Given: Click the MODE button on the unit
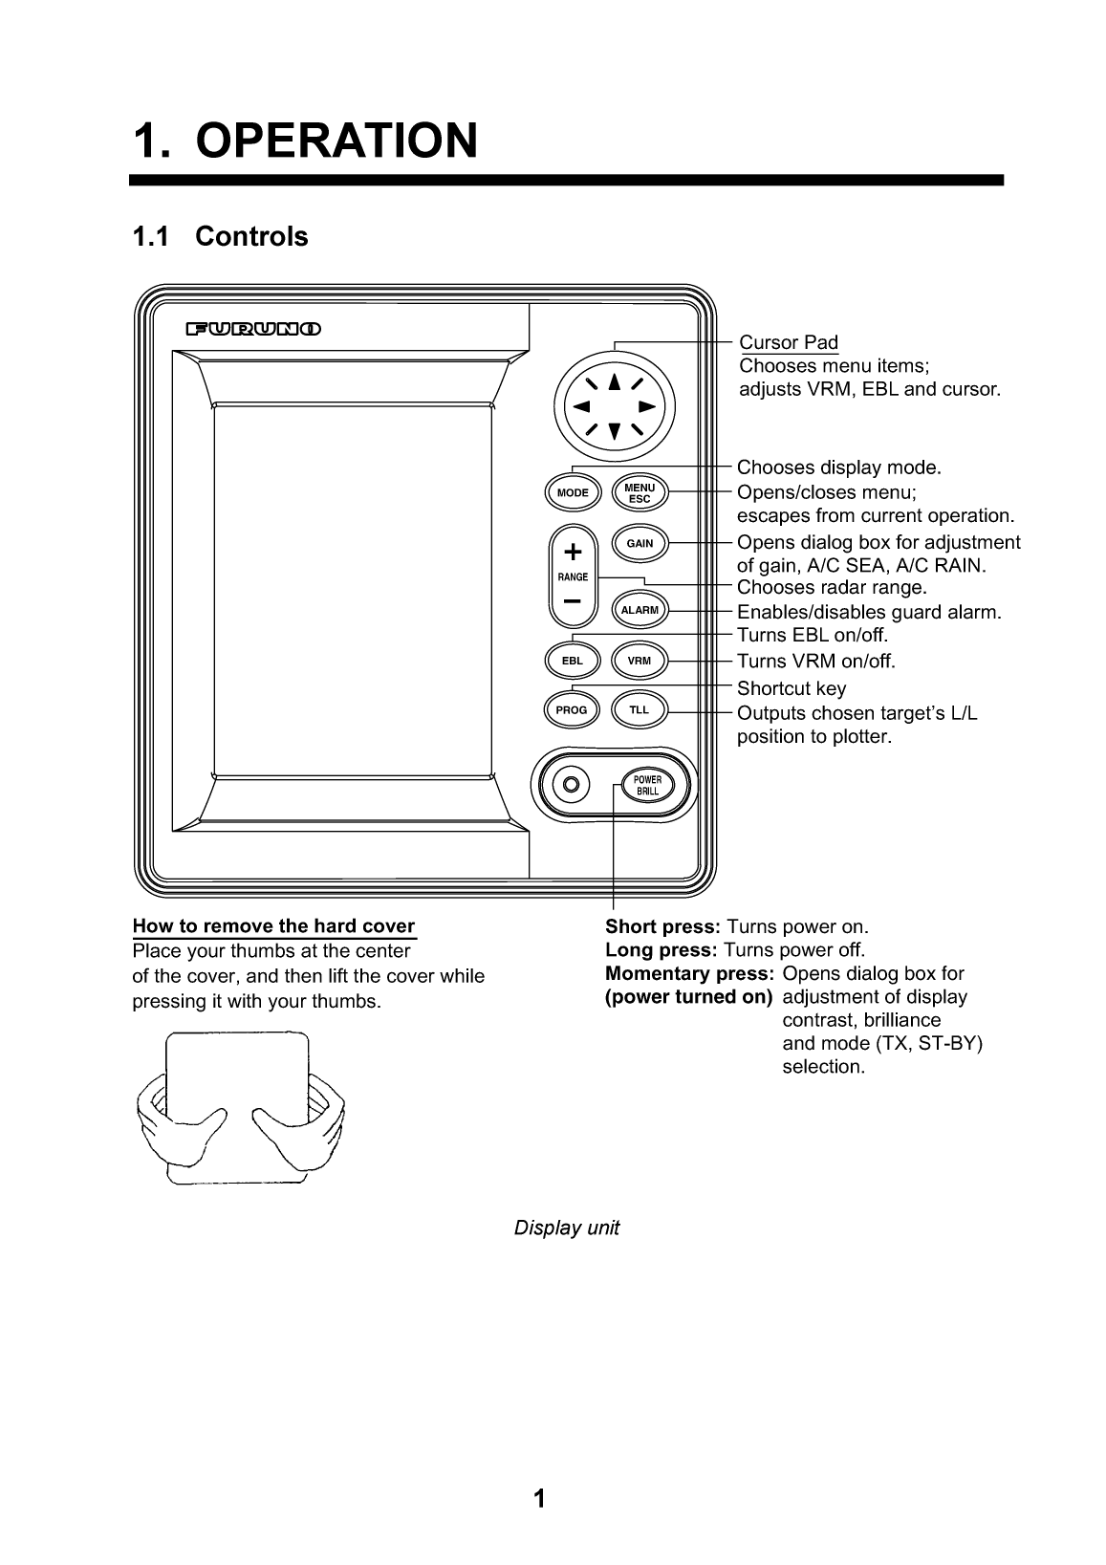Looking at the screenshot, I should pos(573,493).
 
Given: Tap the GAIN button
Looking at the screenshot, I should pos(640,543).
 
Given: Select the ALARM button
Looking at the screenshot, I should pos(640,610).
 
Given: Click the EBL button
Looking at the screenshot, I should pos(572,661).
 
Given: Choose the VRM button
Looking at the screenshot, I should pos(640,661).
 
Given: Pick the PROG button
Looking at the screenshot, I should pos(572,710).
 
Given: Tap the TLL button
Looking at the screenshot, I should pos(640,710).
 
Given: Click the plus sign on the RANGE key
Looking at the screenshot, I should pos(573,553).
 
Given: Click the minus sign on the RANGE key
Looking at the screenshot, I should pos(573,601).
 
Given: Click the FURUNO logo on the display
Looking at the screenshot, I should pos(253,330).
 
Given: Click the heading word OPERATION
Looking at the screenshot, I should pos(336,141).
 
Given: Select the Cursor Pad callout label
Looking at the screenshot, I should pos(789,342).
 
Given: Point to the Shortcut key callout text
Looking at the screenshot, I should pos(791,688).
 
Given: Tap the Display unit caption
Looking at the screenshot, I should pos(566,1228).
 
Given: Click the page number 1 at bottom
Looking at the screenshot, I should pos(539,1498).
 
